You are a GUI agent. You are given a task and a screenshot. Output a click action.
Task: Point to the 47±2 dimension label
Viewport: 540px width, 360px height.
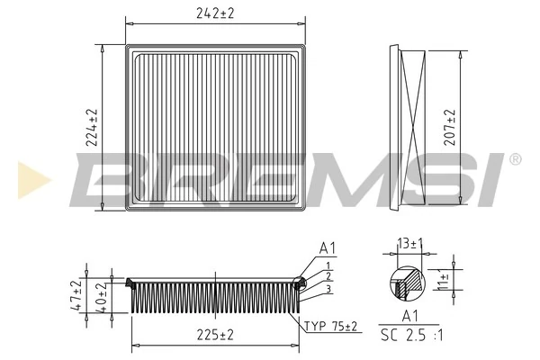click(78, 296)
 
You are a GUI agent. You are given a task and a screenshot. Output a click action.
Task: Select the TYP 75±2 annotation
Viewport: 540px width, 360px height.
click(329, 325)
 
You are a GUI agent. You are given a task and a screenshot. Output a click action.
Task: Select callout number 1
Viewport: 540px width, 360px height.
click(329, 265)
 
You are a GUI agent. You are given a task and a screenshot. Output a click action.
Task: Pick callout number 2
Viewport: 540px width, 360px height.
click(329, 276)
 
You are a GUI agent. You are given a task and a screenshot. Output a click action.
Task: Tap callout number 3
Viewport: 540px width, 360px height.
click(329, 288)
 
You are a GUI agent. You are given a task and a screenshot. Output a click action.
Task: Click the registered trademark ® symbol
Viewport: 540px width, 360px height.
click(515, 159)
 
